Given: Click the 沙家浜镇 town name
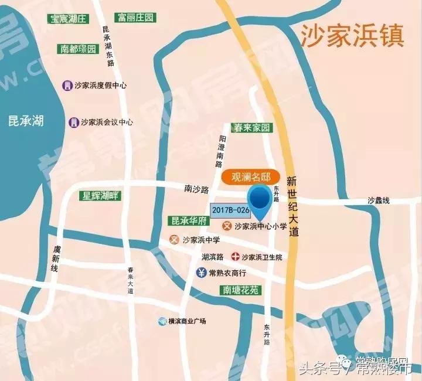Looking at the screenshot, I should pyautogui.click(x=352, y=36).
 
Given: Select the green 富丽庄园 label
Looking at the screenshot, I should pyautogui.click(x=135, y=18).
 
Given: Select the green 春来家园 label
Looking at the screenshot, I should pyautogui.click(x=251, y=128).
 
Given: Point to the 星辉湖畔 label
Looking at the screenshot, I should pyautogui.click(x=101, y=196).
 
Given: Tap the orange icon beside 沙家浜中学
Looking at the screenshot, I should pyautogui.click(x=174, y=240).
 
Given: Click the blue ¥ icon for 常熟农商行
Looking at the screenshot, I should pyautogui.click(x=200, y=273).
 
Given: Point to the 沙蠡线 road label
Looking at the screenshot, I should pyautogui.click(x=379, y=200).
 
